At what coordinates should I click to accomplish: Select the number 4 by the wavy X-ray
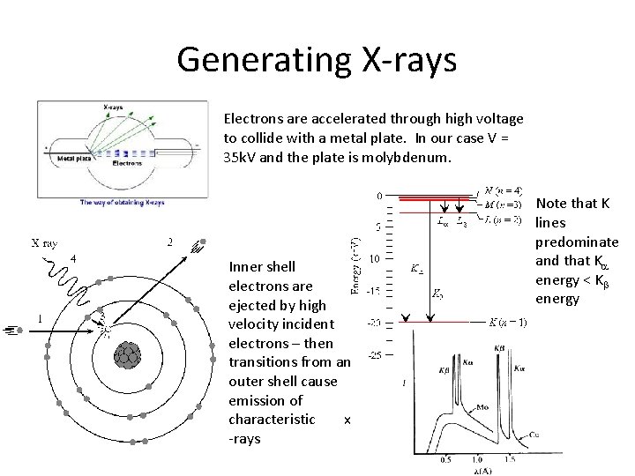pos(74,257)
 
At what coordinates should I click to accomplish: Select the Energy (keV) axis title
pos(353,265)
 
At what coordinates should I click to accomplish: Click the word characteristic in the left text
pos(271,420)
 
